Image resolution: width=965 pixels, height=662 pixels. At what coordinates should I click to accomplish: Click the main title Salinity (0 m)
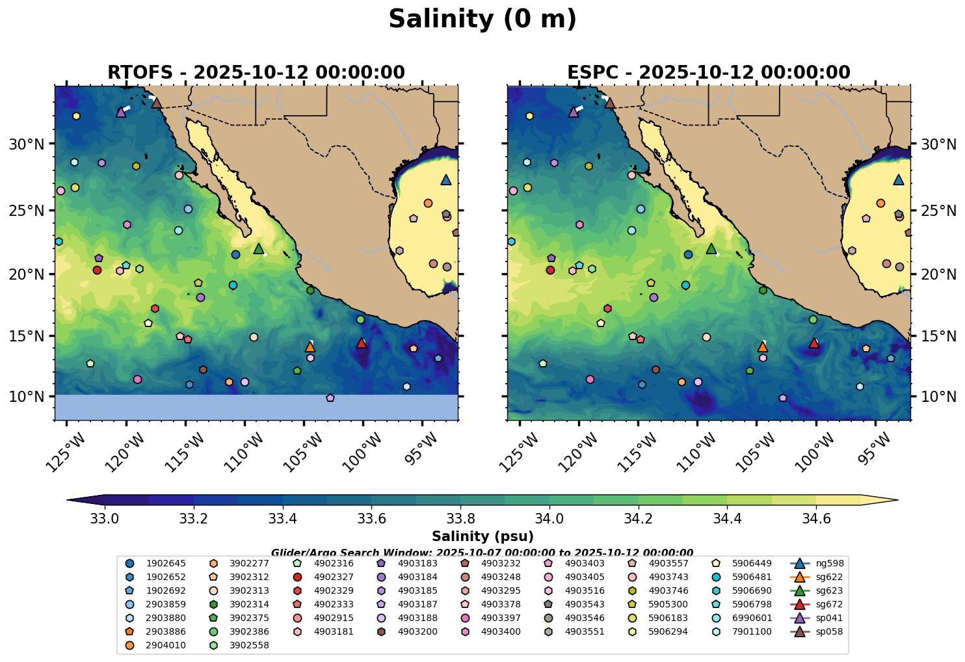(x=482, y=20)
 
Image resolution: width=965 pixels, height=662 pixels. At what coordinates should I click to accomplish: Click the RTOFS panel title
(x=256, y=72)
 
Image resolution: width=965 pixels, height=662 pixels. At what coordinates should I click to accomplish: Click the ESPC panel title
(x=708, y=72)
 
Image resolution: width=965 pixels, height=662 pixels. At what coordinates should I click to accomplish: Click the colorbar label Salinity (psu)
(x=482, y=536)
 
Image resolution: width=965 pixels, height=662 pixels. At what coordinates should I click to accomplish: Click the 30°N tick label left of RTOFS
(x=27, y=144)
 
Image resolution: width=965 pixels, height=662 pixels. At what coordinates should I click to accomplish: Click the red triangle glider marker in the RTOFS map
(x=362, y=343)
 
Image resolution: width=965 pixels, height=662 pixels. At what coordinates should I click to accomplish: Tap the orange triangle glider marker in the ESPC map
(x=763, y=347)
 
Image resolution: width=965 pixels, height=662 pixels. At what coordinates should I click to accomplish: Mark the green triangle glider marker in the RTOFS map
(x=259, y=248)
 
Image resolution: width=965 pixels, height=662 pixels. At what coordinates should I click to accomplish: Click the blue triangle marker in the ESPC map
(x=899, y=180)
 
